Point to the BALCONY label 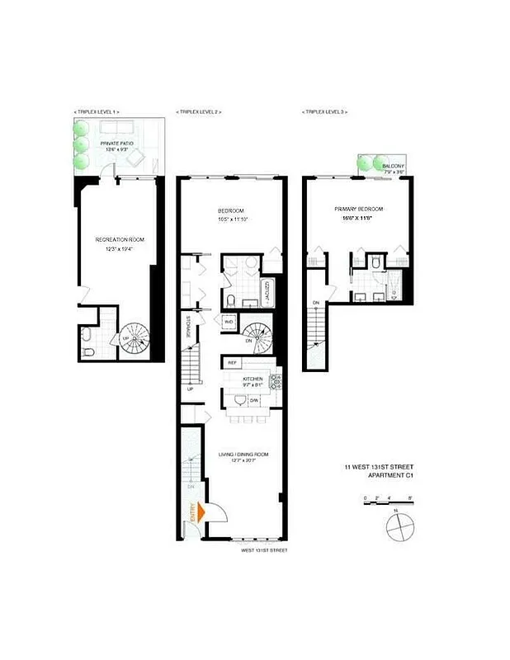click(393, 167)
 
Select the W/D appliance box click(228, 322)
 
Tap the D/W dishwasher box click(255, 400)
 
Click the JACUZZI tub click(269, 291)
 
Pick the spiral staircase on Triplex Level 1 click(131, 339)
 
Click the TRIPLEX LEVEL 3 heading click(327, 111)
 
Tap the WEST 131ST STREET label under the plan click(264, 549)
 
